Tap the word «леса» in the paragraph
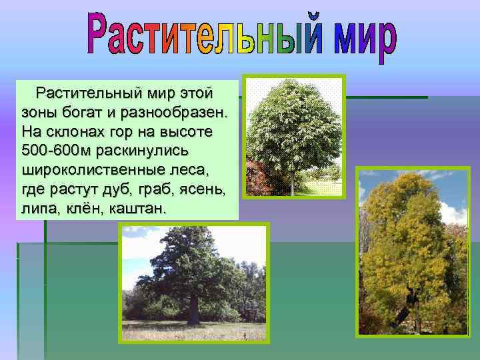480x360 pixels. [193, 167]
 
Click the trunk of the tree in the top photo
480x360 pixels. [292, 181]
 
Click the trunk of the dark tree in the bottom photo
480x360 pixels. [193, 309]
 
